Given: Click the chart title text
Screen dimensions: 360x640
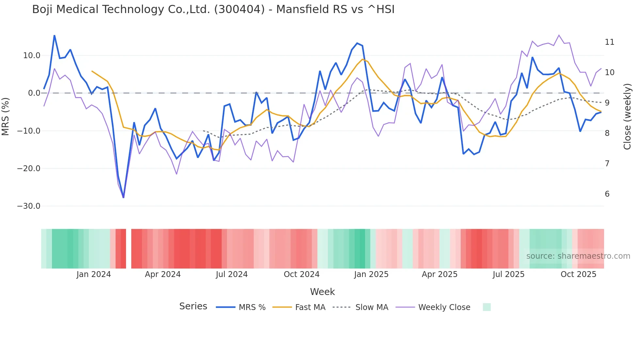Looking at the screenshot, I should (x=213, y=9).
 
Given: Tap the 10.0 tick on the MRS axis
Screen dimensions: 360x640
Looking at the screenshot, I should (x=32, y=56).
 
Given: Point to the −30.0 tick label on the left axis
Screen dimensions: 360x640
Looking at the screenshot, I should (x=29, y=206).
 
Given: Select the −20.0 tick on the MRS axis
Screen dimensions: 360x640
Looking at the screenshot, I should (x=29, y=169).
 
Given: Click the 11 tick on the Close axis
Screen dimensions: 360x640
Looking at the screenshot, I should (x=609, y=42).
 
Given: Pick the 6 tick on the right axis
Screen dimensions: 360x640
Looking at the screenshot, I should (x=607, y=194).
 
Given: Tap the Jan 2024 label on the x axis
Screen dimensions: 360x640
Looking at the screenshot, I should (x=94, y=274).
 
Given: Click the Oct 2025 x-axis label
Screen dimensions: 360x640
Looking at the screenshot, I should (x=578, y=274).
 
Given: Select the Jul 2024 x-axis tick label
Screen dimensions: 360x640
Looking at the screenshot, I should (x=232, y=274).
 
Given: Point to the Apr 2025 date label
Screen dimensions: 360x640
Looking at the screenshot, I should (x=440, y=274).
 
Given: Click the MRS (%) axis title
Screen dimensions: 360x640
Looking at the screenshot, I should (x=6, y=116).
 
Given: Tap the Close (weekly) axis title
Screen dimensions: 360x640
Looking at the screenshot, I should (x=627, y=116).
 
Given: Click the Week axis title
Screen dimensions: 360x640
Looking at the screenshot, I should (x=322, y=292).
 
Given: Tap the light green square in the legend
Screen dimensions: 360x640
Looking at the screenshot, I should (x=487, y=307).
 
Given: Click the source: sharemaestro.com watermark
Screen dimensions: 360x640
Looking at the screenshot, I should (x=578, y=256).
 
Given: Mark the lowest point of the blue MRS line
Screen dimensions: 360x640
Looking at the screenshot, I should (x=123, y=197).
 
